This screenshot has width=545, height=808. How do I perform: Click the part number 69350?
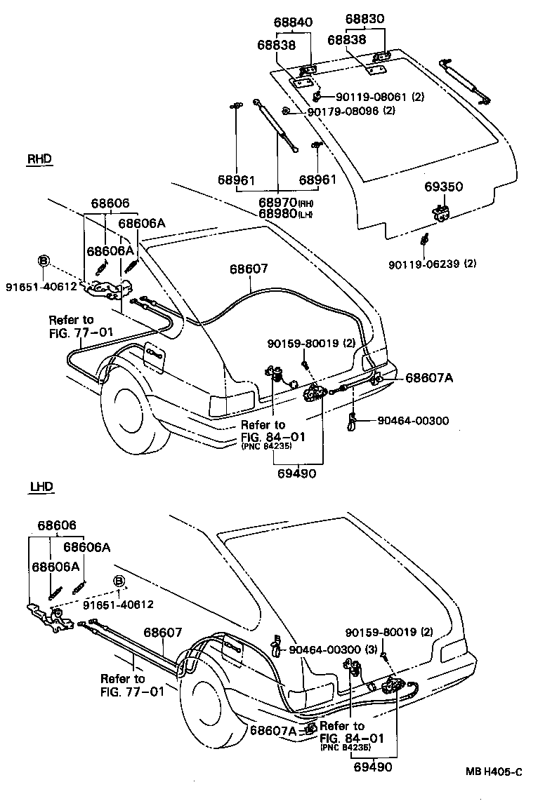click(x=443, y=187)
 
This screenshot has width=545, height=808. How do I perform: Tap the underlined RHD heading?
click(x=40, y=159)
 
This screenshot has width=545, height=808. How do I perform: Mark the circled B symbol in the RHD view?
click(x=44, y=260)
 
